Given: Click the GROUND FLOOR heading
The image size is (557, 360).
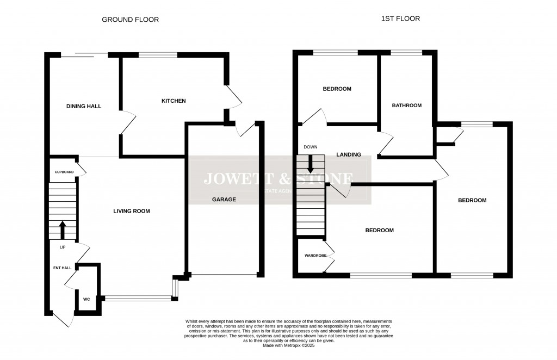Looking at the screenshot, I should [131, 20].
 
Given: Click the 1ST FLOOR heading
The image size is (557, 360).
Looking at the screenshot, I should [400, 18].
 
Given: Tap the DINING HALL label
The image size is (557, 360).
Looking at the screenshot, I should [84, 106].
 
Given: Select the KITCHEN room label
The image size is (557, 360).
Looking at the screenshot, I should [174, 101].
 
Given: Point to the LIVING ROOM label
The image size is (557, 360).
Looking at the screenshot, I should [131, 211].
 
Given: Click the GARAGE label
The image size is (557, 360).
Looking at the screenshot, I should [224, 200].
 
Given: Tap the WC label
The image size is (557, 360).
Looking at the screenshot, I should [86, 299].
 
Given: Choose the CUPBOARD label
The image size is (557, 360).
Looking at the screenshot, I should [64, 172].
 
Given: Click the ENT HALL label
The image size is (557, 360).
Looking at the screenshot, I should [62, 268].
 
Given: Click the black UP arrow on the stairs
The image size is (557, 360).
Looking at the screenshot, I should [63, 229].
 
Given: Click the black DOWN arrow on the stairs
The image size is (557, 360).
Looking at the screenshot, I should [311, 164].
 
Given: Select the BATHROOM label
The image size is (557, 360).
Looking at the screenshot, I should [407, 105].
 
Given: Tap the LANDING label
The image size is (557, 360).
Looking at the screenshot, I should [349, 154].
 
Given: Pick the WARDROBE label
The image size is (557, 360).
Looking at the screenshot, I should [315, 255].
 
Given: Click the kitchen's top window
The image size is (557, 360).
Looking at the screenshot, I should [158, 54].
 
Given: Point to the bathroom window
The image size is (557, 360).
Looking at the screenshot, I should [406, 52].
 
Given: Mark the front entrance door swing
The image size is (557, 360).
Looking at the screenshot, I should [62, 319].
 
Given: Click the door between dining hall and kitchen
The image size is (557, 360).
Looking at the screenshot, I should [126, 122].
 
